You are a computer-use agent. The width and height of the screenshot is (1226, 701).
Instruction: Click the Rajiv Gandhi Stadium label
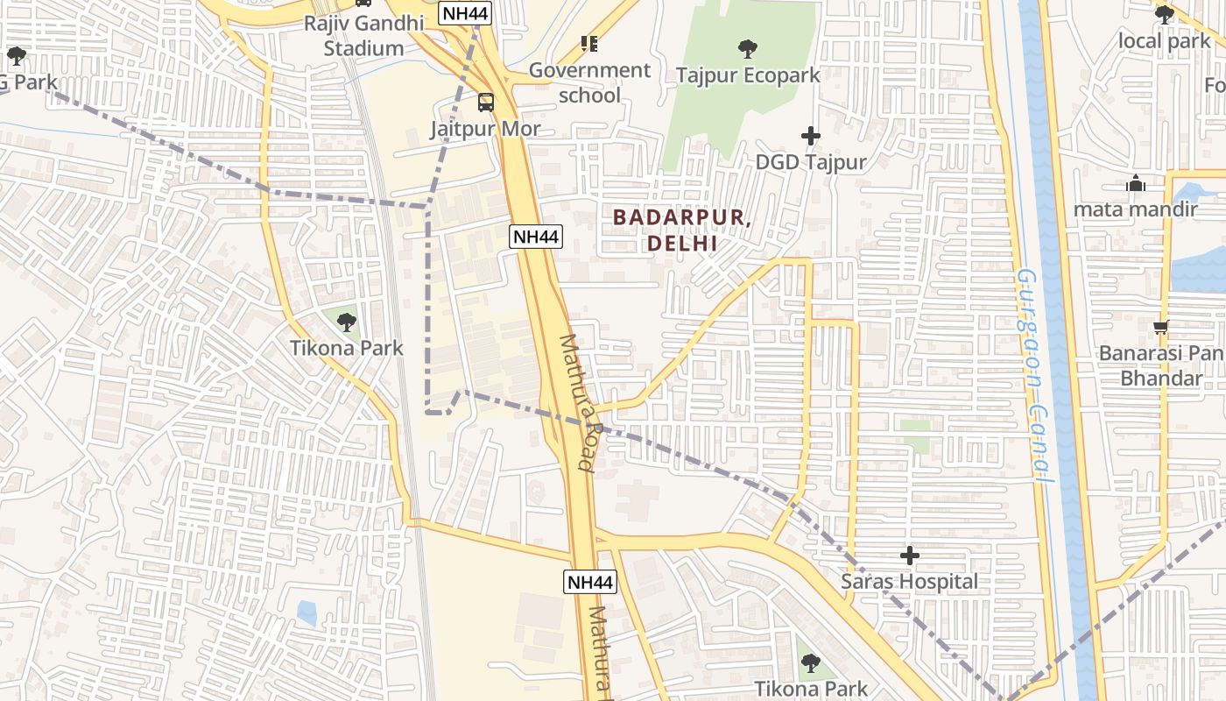363,35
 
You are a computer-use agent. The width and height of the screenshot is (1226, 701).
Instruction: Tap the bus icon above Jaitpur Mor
485,103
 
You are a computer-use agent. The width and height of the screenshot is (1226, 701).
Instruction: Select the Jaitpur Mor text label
485,129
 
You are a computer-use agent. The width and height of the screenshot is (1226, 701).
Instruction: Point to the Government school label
589,82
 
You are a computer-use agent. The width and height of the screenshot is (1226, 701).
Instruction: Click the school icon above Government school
589,44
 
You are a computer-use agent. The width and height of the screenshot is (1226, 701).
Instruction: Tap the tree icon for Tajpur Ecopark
747,48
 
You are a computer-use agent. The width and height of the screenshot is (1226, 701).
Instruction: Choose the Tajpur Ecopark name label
747,75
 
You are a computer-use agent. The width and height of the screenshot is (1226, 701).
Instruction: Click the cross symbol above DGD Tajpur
811,136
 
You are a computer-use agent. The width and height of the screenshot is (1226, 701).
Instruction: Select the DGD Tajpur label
811,162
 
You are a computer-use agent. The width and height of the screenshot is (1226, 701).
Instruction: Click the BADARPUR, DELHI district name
682,230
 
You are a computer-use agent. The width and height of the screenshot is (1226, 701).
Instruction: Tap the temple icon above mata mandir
1136,184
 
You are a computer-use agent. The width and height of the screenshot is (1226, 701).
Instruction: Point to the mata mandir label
1136,209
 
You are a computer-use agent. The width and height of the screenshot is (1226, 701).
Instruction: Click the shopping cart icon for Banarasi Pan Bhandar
1160,328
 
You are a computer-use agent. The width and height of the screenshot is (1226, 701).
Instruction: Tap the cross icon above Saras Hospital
910,556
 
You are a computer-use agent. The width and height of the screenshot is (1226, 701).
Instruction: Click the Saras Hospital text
910,582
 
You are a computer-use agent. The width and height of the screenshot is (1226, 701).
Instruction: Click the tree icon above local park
1164,15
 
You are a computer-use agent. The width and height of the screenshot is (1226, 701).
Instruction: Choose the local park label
1164,40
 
